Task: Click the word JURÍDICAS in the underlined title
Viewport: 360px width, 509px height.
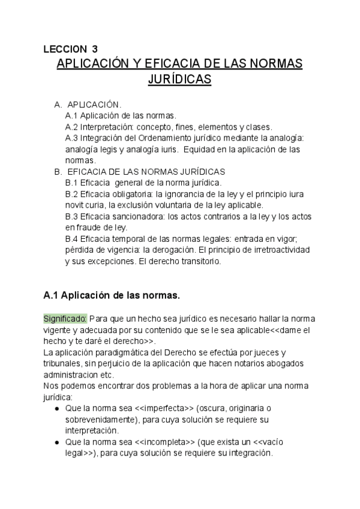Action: point(179,80)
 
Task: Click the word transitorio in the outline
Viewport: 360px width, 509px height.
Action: point(201,262)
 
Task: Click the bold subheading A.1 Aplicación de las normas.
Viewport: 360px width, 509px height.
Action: point(112,295)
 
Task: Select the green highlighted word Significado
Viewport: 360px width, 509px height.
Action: point(65,318)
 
